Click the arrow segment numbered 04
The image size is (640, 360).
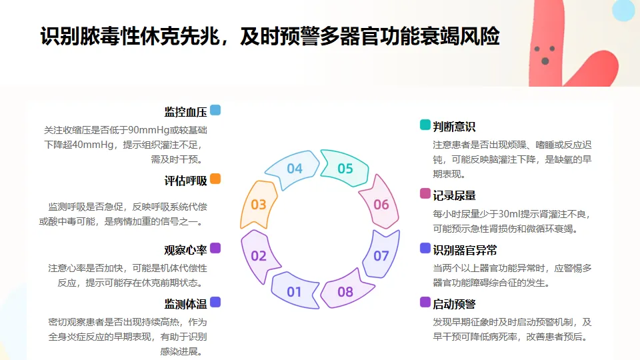(292, 169)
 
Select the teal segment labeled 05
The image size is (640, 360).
(345, 168)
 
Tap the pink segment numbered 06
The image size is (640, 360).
(379, 203)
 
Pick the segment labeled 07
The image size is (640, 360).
(381, 255)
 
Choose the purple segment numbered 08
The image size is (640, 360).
(345, 291)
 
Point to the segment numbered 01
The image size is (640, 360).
(294, 291)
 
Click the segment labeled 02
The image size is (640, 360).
(259, 256)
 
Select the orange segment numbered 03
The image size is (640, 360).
(259, 204)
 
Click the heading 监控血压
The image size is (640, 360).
(186, 112)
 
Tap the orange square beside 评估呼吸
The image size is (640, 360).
(215, 179)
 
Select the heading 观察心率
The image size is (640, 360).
(186, 250)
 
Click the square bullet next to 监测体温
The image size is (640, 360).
(215, 302)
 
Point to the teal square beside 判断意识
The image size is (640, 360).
(425, 125)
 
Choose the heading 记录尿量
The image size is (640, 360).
(454, 195)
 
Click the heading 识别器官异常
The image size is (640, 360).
(465, 250)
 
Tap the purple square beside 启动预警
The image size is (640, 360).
(425, 302)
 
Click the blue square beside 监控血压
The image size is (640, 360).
(215, 110)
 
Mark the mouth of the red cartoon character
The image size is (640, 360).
(545, 61)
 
